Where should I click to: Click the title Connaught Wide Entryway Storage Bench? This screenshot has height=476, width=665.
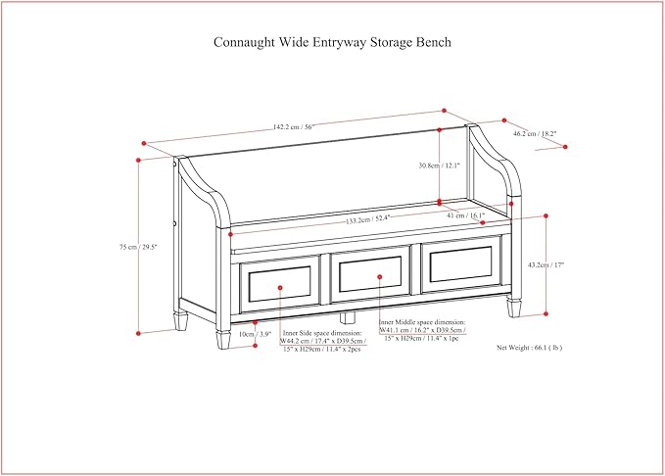tap(332, 43)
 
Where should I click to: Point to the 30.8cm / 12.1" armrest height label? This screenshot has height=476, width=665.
tap(412, 167)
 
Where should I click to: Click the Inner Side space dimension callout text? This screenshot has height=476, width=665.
tap(320, 341)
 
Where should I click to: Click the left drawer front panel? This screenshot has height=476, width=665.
tap(280, 283)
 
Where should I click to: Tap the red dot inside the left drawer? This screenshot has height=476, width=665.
tap(280, 288)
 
